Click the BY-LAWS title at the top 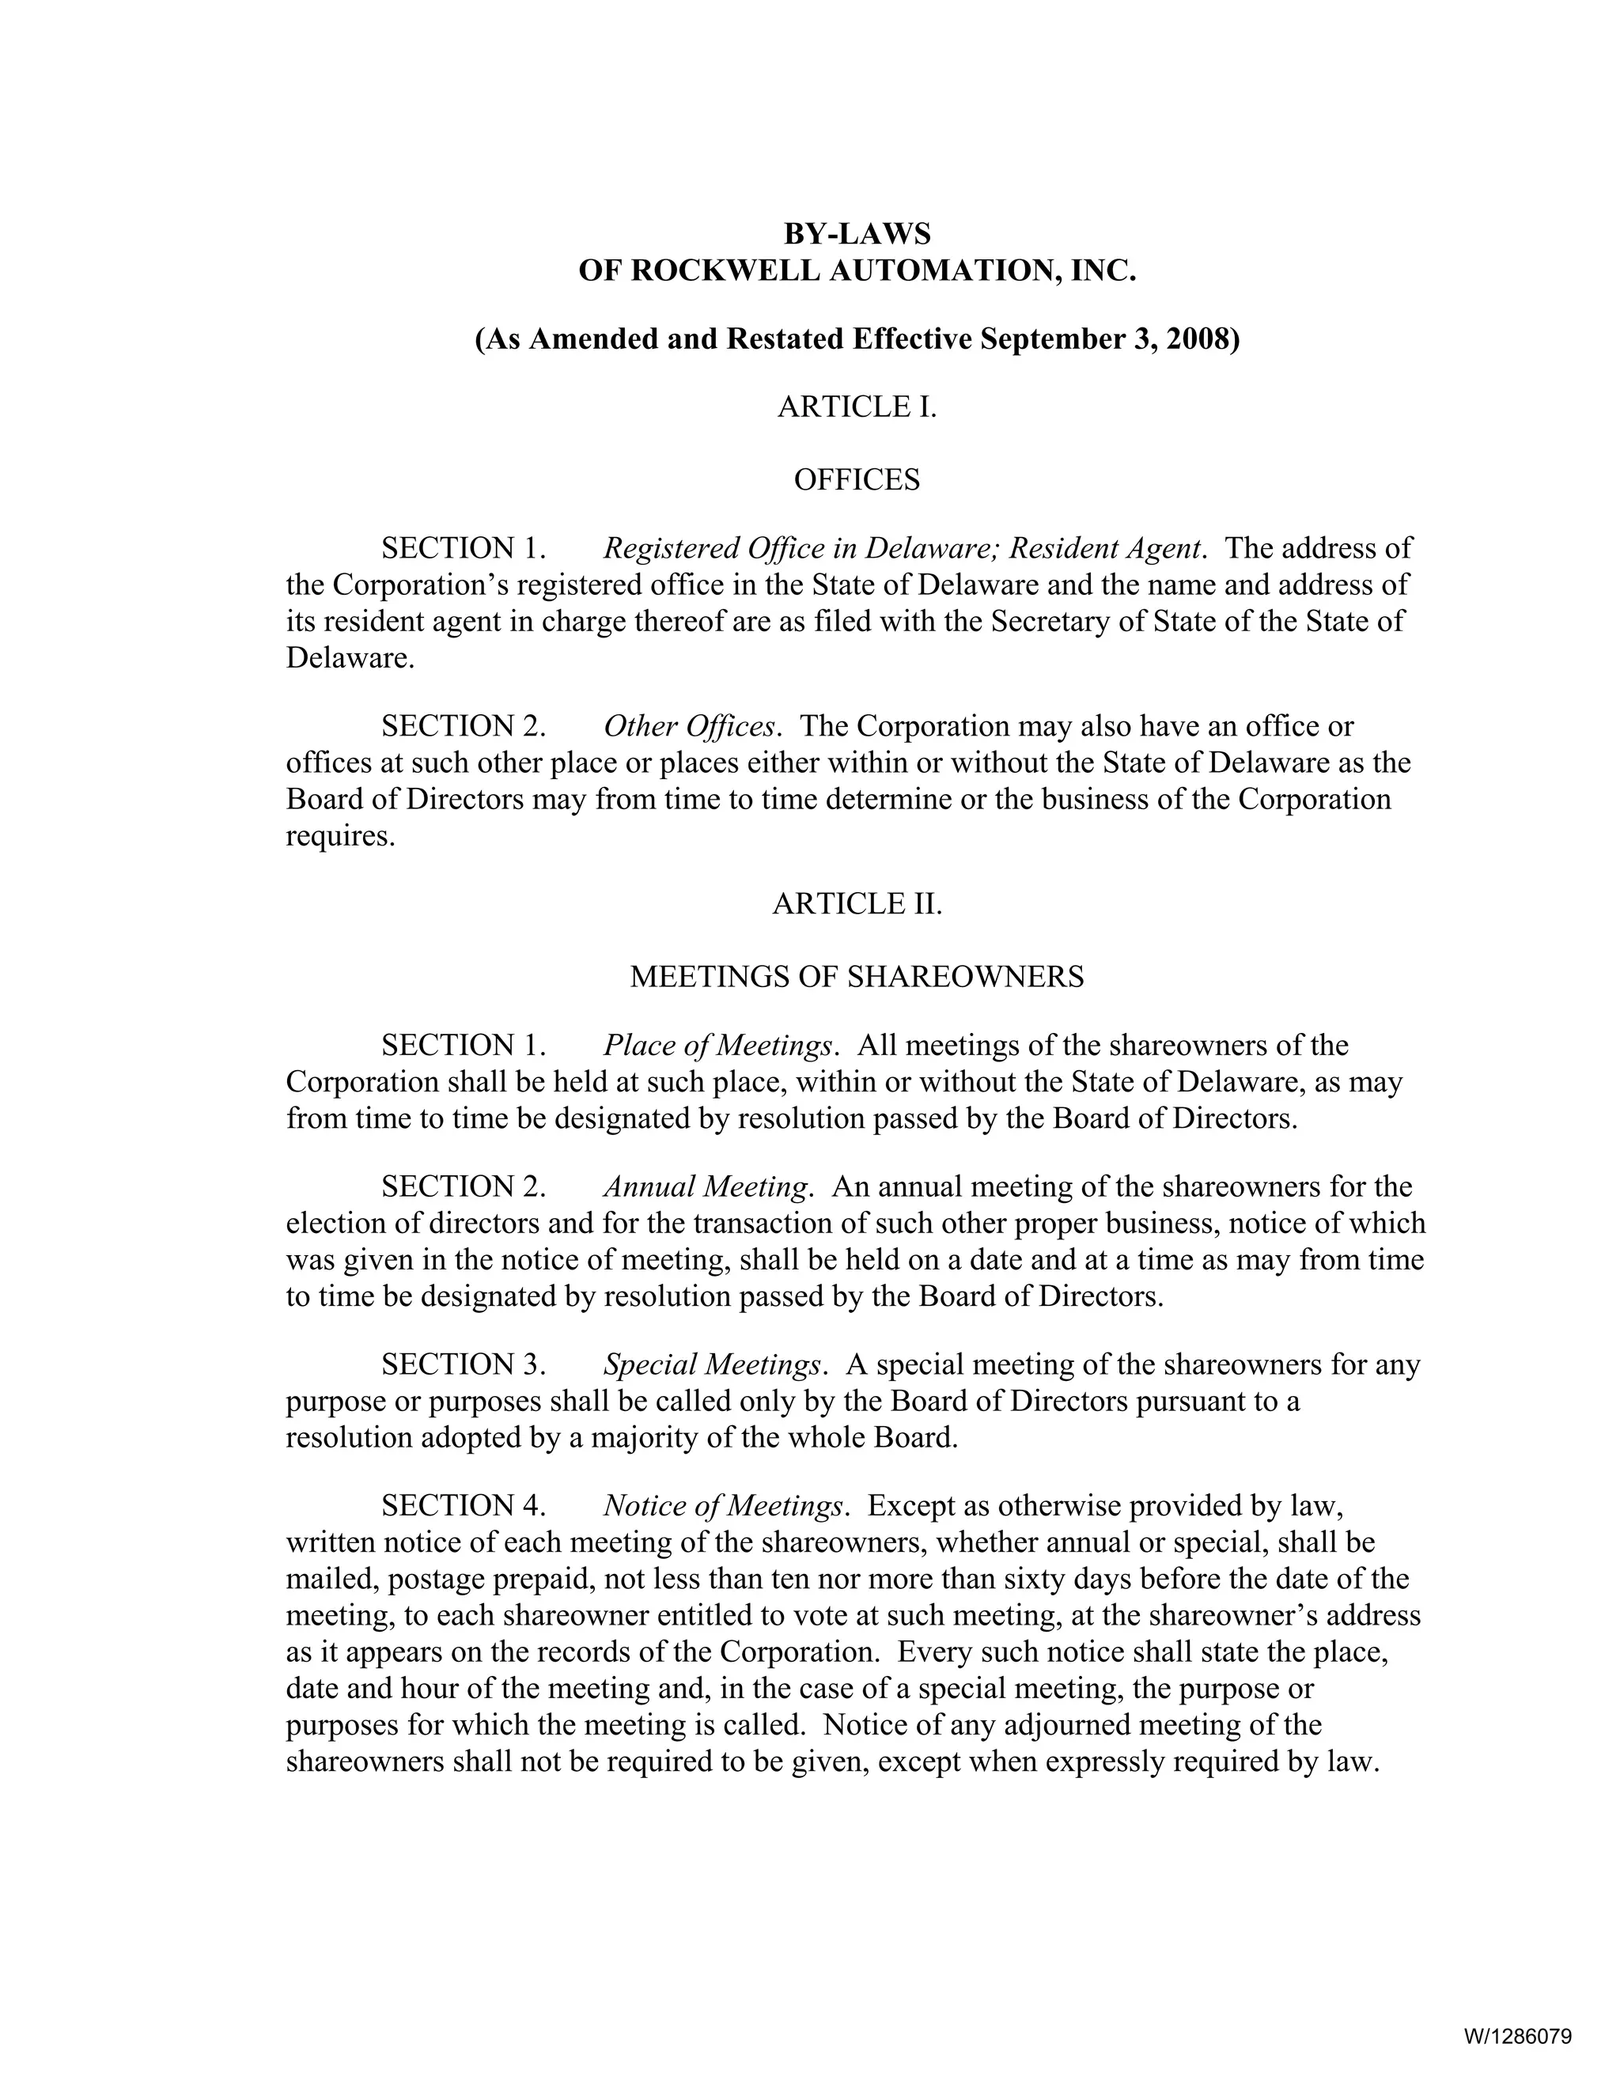[x=856, y=234]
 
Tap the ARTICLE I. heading [x=856, y=407]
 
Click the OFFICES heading [x=856, y=480]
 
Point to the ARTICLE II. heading [x=856, y=904]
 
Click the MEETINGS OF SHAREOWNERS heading [x=856, y=977]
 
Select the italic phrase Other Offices [x=688, y=727]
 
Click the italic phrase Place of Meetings [x=717, y=1045]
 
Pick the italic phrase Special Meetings [x=712, y=1364]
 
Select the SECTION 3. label [x=464, y=1364]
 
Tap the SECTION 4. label [x=464, y=1506]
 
